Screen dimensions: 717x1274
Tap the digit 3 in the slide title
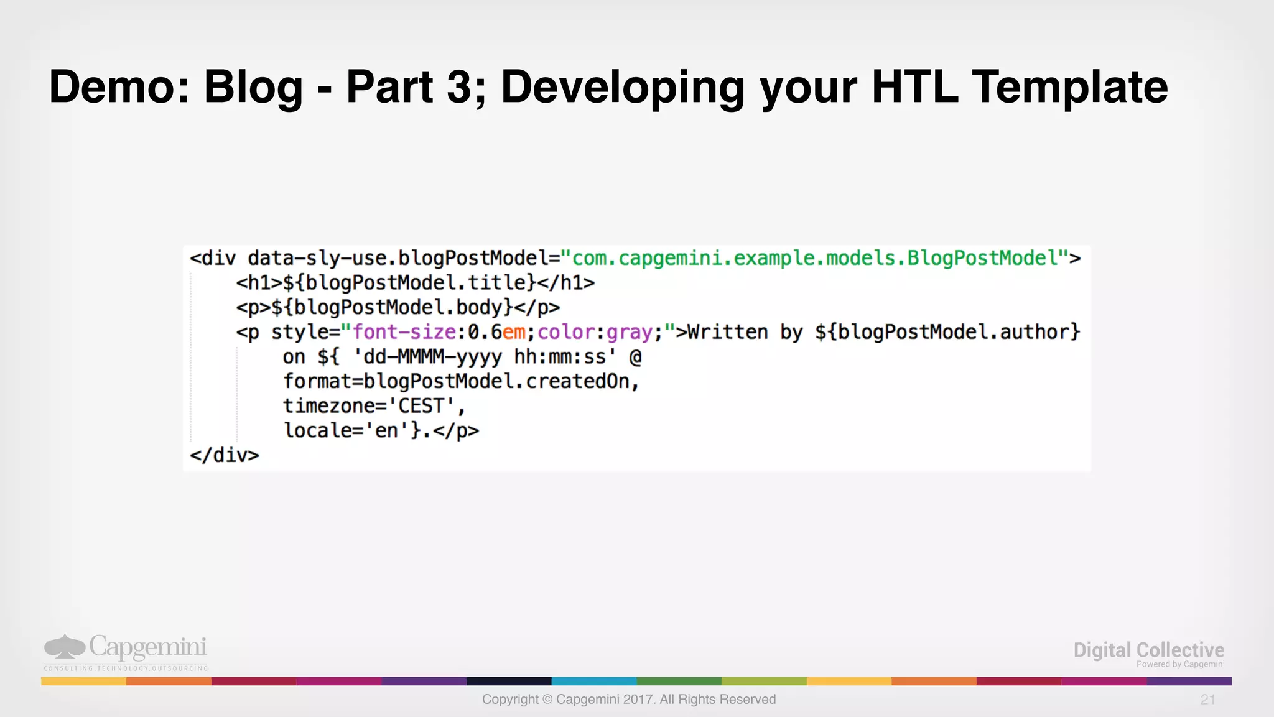click(460, 87)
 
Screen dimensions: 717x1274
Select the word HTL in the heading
click(914, 87)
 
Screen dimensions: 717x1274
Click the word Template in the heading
click(1070, 87)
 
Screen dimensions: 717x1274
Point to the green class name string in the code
click(815, 258)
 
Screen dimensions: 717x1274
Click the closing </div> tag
click(225, 455)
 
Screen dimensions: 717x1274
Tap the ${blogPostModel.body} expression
click(392, 308)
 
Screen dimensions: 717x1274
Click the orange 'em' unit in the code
click(514, 333)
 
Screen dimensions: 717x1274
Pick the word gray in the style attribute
click(629, 333)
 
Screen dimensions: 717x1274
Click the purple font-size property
click(404, 333)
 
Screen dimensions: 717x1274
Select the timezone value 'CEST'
click(422, 406)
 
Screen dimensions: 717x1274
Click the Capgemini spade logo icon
click(64, 647)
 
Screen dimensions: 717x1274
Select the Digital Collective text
click(1148, 650)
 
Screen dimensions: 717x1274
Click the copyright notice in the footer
click(629, 700)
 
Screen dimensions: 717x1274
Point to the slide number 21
click(1207, 700)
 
